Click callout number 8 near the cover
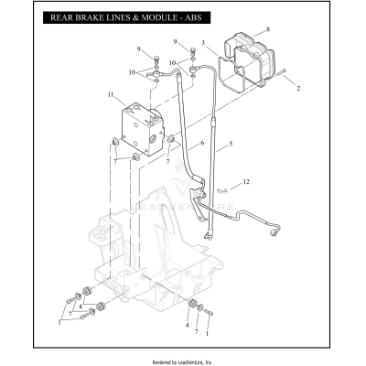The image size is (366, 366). [268, 30]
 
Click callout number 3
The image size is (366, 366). [203, 42]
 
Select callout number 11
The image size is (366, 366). [110, 94]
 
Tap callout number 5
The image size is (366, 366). [231, 145]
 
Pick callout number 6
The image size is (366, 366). [202, 144]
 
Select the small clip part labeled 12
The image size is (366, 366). [222, 190]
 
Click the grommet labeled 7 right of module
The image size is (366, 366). [170, 138]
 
